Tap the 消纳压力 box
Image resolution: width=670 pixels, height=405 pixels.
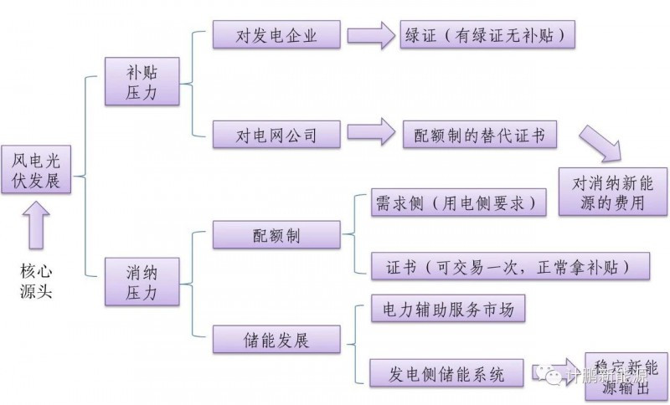pos(142,282)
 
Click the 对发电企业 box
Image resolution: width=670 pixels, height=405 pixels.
pos(276,35)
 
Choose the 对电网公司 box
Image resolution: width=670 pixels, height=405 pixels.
pos(276,135)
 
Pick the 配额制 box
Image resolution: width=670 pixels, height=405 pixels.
pos(276,234)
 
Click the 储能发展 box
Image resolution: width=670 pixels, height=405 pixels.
pos(276,340)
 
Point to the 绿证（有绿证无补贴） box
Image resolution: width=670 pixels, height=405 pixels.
pos(488,35)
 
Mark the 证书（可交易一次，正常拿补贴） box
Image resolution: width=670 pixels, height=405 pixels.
pos(510,265)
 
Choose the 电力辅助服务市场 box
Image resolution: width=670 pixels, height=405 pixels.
pos(448,310)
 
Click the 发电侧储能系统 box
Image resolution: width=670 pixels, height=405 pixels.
pos(448,372)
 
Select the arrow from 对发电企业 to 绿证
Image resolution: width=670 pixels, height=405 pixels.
pos(371,35)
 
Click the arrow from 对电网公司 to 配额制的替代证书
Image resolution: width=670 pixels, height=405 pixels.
pos(371,135)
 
